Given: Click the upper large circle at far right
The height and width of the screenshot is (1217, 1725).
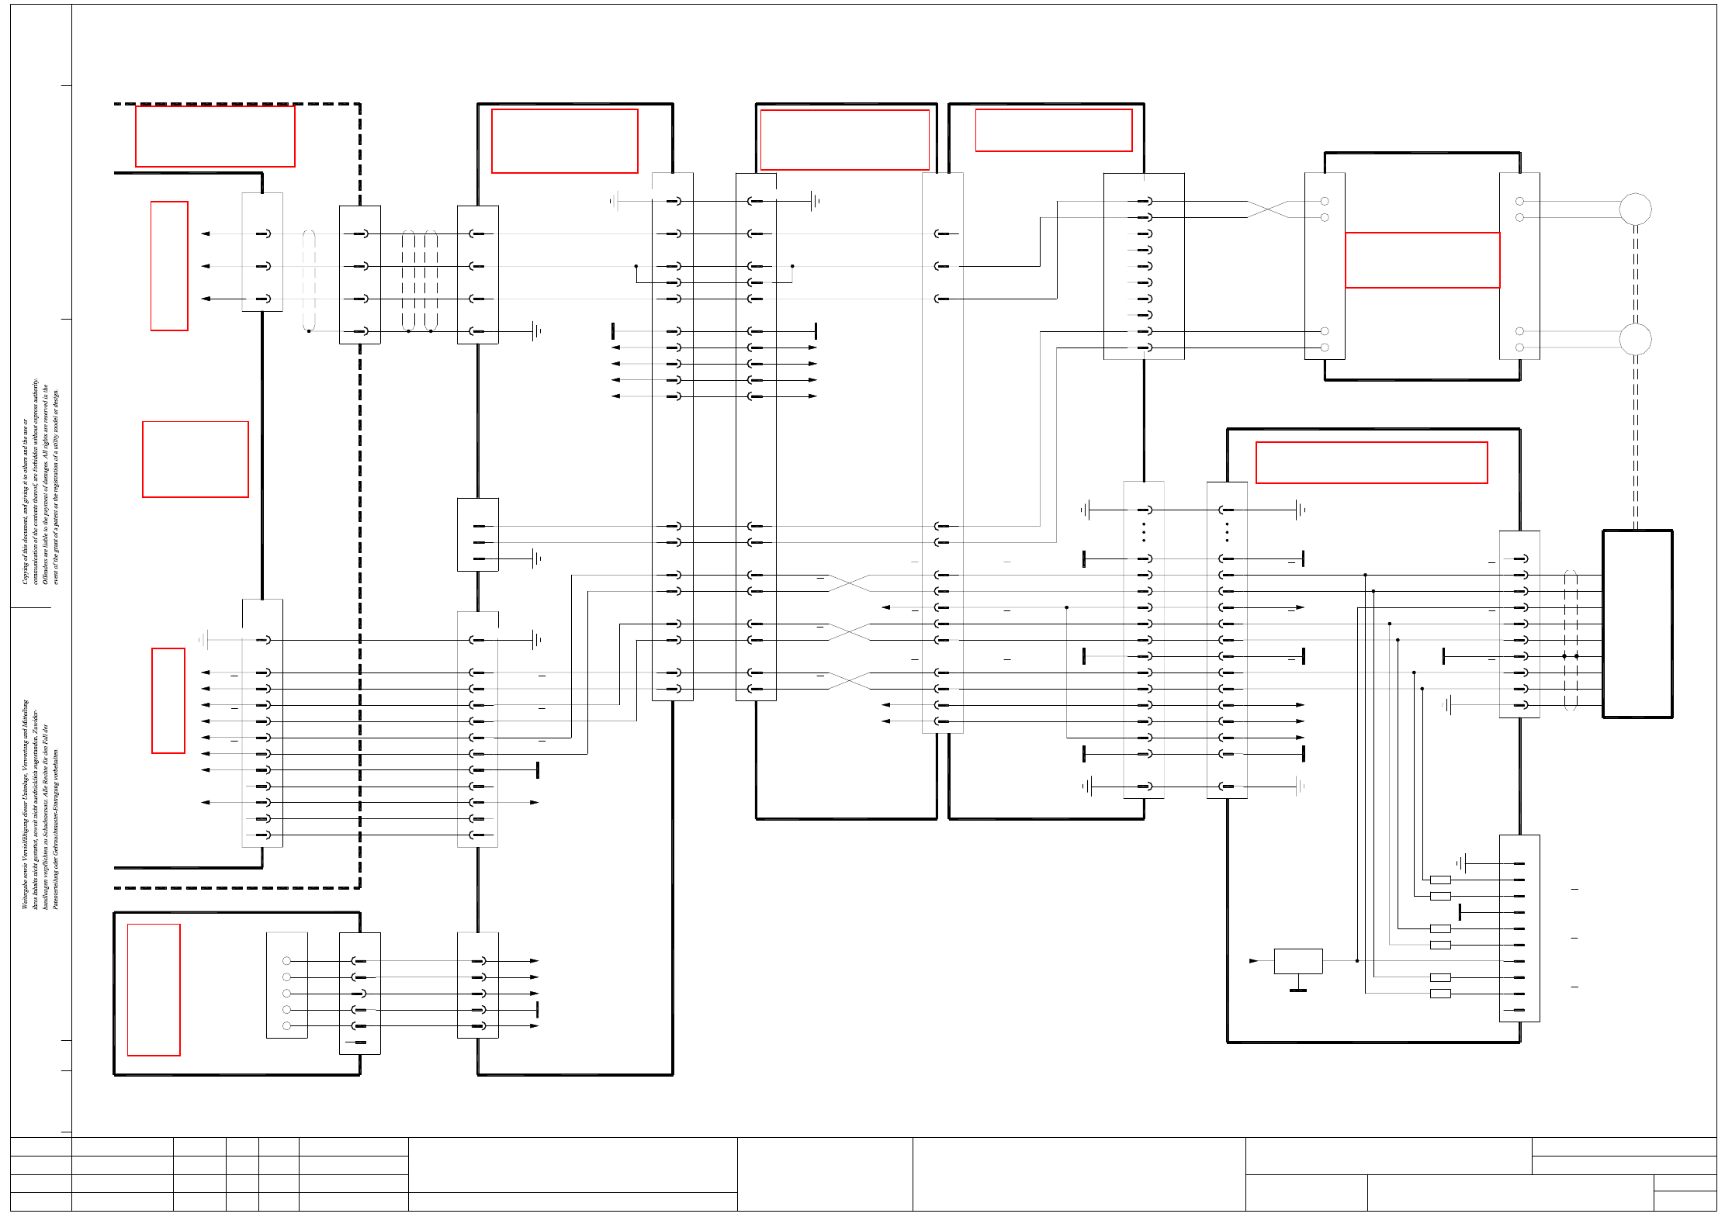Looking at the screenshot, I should [1635, 209].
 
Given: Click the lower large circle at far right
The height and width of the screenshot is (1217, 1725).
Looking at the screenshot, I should [1635, 339].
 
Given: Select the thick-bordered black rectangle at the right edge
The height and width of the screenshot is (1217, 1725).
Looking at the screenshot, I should [1637, 624].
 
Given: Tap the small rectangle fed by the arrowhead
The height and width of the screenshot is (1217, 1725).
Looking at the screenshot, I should [1298, 961].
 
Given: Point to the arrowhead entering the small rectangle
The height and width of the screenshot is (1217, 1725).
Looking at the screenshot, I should [1253, 961].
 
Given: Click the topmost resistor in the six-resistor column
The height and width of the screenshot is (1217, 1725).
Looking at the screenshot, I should [1440, 880].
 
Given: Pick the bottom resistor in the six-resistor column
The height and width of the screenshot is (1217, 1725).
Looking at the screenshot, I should [1440, 994].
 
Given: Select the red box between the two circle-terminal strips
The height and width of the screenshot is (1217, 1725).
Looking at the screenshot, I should [1422, 260].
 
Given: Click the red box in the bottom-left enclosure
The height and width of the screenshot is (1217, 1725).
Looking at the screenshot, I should [154, 990].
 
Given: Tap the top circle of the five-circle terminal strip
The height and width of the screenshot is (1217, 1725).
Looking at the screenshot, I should [286, 961].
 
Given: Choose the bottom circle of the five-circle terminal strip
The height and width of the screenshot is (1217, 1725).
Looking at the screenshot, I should [286, 1026].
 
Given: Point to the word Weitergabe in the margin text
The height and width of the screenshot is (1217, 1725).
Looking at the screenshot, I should [25, 892].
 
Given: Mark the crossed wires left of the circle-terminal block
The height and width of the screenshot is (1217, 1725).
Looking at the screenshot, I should [1267, 209].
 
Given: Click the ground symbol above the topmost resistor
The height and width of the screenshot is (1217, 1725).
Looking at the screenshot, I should [1460, 863].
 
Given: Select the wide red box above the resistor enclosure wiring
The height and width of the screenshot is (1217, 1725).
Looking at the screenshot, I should [1371, 462].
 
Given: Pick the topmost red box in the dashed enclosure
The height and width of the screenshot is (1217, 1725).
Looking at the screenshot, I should [215, 137].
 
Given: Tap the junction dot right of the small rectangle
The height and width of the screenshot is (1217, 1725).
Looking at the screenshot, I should [1357, 961].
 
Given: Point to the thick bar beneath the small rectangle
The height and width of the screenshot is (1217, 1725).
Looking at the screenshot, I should [1298, 991].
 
